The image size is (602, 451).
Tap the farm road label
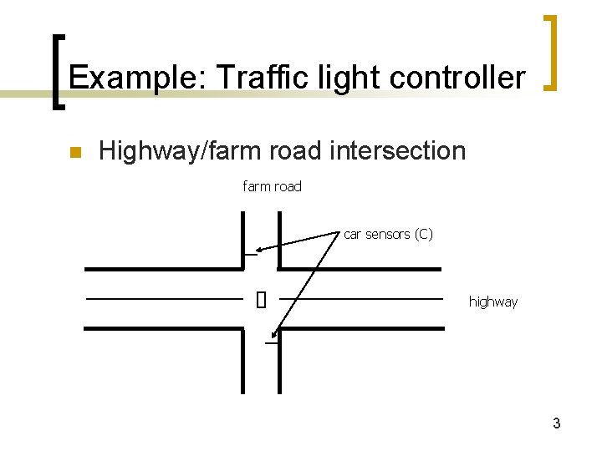pos(272,186)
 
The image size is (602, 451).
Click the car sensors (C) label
pos(388,234)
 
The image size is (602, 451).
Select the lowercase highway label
pos(492,302)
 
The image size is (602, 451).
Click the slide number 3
pos(556,423)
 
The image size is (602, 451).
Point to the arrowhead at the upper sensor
pos(260,249)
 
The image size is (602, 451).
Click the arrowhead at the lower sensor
pos(276,337)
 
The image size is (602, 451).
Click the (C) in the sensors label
pos(421,234)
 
